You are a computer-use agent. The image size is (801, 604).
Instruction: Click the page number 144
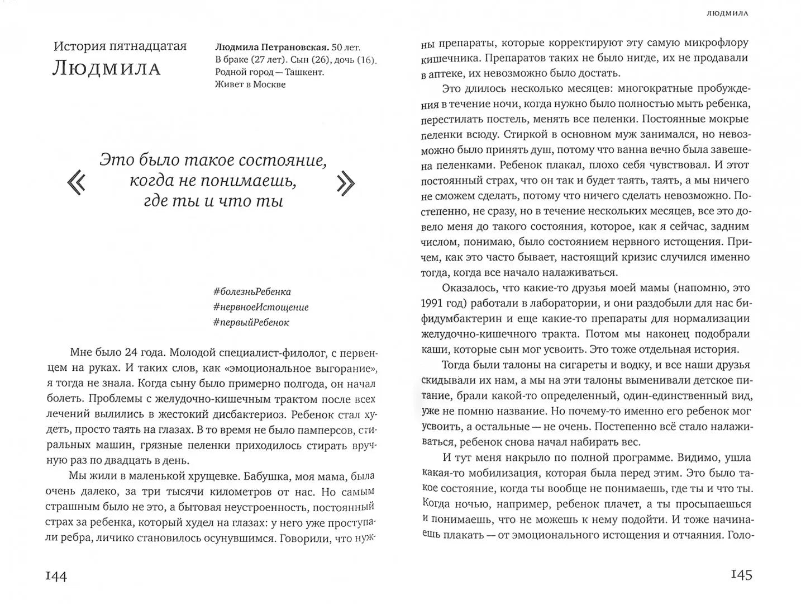(56, 577)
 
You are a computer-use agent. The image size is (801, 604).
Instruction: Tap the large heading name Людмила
(106, 69)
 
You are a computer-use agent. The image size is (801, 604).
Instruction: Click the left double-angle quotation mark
(76, 182)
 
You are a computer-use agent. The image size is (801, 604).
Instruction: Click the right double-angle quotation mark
(346, 182)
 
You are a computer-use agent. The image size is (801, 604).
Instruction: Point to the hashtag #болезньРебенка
(252, 291)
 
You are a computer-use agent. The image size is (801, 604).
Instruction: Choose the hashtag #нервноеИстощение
(261, 307)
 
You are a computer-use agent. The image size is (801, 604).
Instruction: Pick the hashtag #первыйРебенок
(251, 322)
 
